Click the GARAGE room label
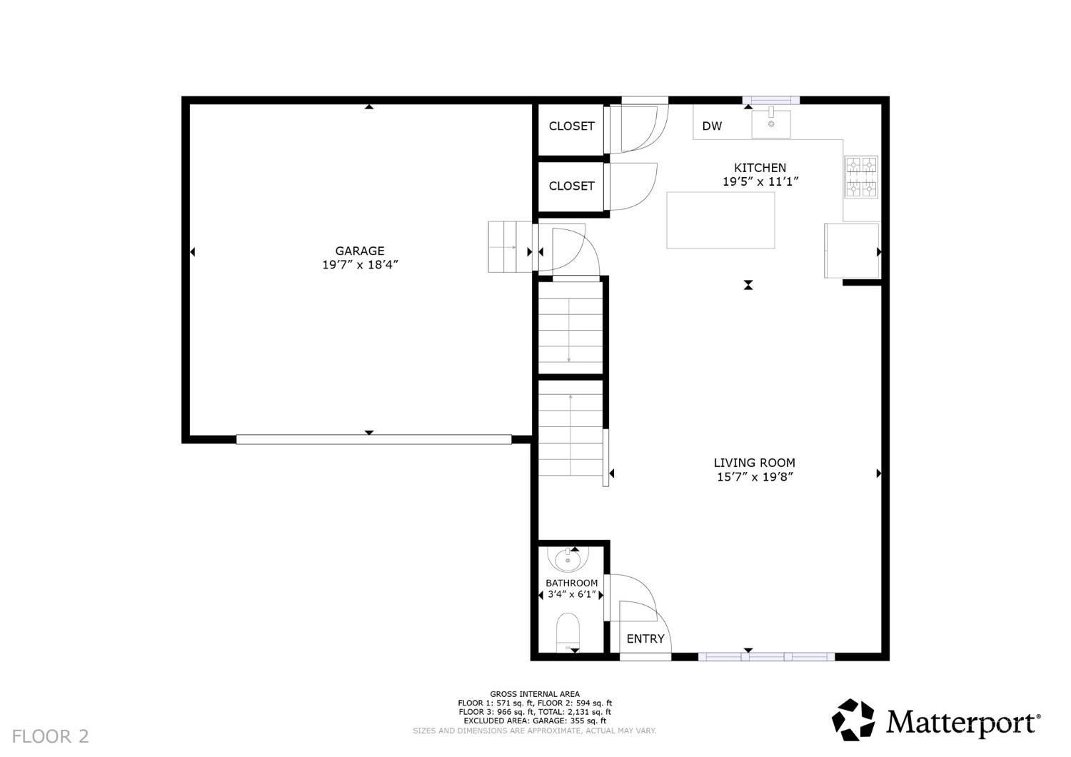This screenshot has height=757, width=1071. point(360,251)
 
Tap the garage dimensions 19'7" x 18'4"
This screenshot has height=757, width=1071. point(360,264)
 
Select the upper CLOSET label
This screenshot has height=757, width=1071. point(571,126)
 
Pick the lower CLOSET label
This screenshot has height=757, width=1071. point(571,186)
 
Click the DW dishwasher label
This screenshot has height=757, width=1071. point(712,126)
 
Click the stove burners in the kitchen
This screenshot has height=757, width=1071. point(862,177)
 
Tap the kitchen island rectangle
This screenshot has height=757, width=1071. point(720,221)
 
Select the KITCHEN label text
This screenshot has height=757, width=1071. point(760,168)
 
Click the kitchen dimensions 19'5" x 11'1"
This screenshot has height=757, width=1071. point(760,181)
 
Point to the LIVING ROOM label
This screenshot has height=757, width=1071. point(755,463)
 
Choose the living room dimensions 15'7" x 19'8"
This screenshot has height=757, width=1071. point(755,477)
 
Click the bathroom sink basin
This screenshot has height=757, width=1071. point(568,561)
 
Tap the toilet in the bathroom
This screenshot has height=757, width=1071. point(568,632)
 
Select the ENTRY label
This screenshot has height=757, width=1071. point(645,639)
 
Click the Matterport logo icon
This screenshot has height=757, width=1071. point(853,720)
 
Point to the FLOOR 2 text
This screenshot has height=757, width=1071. point(51,736)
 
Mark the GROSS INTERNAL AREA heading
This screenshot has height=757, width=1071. point(535,694)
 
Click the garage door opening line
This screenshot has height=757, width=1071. point(374,439)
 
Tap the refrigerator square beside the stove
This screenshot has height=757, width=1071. point(852,251)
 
